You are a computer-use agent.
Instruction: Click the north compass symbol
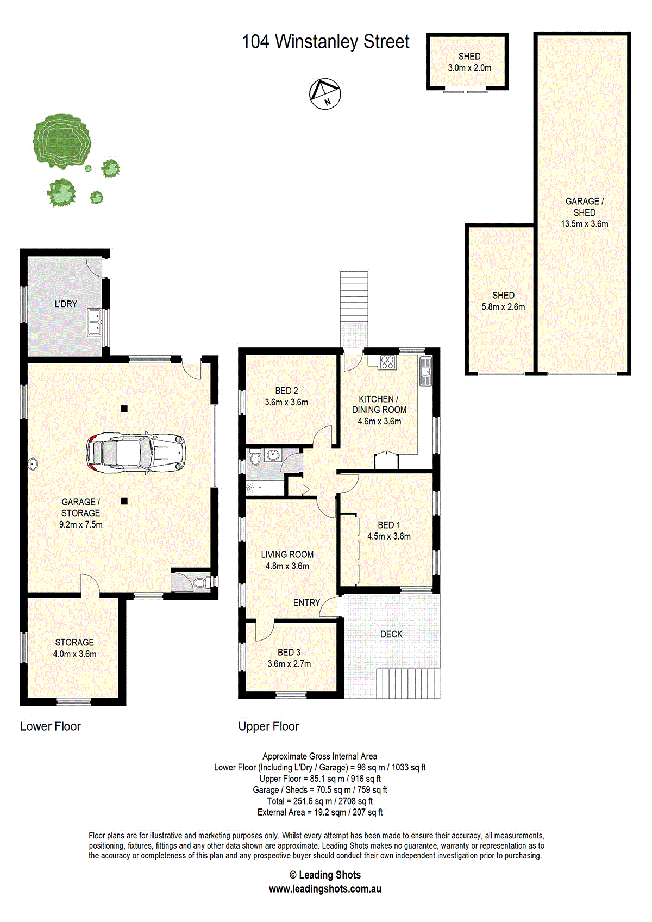coord(325,94)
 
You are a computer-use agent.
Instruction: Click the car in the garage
coord(136,453)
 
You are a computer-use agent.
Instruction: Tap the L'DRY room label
coord(66,304)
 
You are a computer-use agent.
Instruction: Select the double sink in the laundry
coord(95,322)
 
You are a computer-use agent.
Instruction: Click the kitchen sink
coord(425,371)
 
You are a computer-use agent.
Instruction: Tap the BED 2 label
coord(286,391)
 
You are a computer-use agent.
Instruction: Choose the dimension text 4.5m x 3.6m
coord(389,536)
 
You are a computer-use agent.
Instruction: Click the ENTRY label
coord(306,603)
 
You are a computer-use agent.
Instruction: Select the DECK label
coord(391,634)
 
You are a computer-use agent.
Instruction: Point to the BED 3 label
coord(289,652)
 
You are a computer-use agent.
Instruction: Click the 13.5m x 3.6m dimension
coord(585,224)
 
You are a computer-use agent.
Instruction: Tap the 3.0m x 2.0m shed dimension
coord(469,68)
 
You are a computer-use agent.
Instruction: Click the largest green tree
coord(62,140)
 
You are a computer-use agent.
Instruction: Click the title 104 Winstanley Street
coord(325,42)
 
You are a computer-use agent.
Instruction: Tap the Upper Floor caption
coord(268,726)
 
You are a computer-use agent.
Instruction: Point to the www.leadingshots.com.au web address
coord(325,889)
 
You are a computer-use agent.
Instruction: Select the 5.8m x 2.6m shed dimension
coord(504,306)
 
